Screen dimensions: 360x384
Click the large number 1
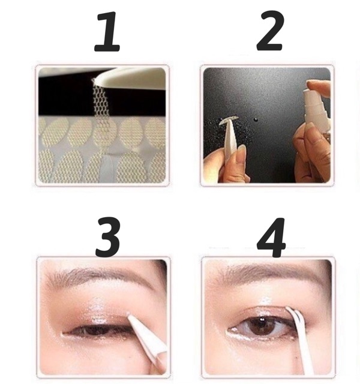point(108,32)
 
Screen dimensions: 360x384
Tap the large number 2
point(270,31)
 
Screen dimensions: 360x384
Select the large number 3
point(108,237)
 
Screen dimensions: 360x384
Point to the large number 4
point(271,238)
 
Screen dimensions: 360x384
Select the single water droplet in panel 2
point(256,120)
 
